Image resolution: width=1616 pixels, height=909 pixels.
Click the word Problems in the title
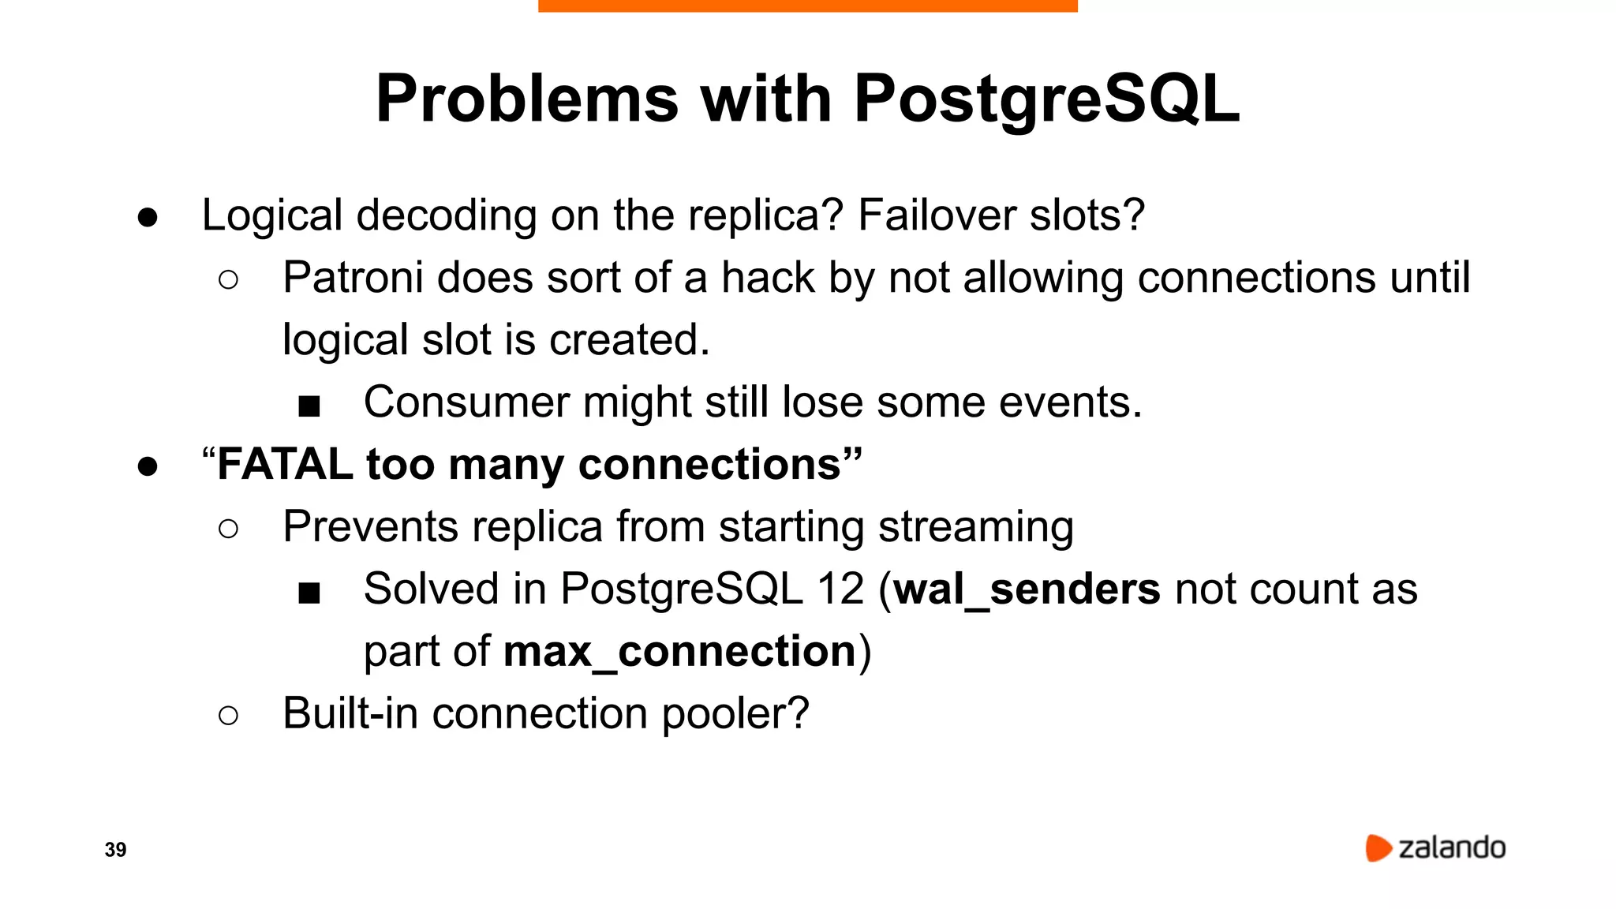(x=527, y=99)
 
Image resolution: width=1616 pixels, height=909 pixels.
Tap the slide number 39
(x=115, y=850)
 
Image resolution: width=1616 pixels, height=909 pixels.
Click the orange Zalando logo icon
(x=1378, y=847)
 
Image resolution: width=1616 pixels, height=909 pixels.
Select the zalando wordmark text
(x=1452, y=848)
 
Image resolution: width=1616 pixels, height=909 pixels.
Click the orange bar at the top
(x=807, y=6)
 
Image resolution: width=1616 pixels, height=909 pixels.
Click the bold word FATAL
(x=285, y=464)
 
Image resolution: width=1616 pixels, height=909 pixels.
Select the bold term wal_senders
(x=1027, y=589)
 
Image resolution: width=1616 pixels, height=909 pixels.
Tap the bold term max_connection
(x=679, y=652)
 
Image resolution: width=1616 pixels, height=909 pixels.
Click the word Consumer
(x=466, y=402)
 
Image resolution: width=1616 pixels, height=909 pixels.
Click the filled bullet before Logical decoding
(x=148, y=217)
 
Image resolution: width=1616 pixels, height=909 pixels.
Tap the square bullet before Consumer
(x=309, y=406)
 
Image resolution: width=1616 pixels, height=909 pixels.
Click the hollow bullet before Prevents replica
(x=228, y=529)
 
